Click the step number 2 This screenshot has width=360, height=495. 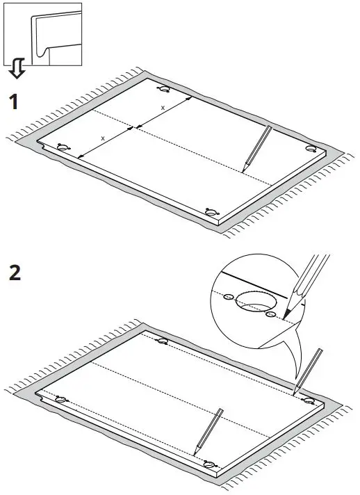[x=14, y=271]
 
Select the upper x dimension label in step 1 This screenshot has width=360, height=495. [x=163, y=108]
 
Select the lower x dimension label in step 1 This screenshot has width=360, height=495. [x=103, y=138]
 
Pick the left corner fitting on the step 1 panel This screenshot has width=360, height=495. [x=63, y=147]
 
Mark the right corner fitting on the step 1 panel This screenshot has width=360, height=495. [x=311, y=149]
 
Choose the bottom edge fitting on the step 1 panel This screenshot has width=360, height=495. [x=211, y=211]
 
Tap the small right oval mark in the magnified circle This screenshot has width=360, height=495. [x=271, y=314]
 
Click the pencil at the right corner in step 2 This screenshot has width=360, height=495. [x=310, y=369]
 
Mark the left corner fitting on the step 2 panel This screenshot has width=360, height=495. [x=61, y=399]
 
